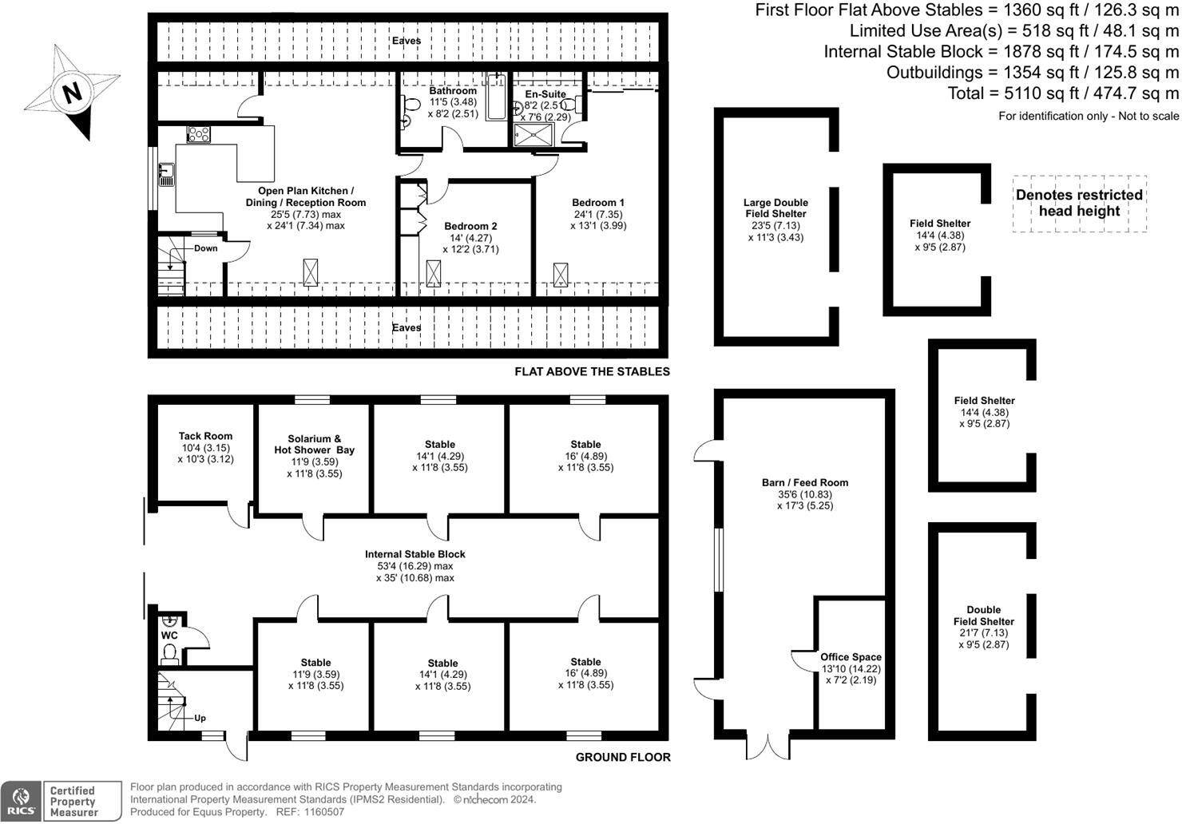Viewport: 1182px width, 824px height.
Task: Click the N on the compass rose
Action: coord(73,93)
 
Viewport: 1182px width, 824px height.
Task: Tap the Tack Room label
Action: coord(205,436)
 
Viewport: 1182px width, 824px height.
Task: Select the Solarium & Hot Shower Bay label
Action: coord(314,444)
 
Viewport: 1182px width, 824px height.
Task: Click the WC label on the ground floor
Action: coord(169,636)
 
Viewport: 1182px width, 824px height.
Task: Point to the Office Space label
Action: coord(851,657)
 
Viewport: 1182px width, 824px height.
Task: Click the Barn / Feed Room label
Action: coord(805,482)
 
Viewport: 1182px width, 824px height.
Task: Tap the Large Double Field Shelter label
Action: coord(775,208)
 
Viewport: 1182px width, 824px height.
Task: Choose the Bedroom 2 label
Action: coord(470,227)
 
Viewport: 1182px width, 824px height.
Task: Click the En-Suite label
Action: coord(545,94)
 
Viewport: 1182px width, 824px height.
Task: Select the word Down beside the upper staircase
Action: coord(205,248)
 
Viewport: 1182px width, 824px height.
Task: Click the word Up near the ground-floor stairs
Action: coord(200,718)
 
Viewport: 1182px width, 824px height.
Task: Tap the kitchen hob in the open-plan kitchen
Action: coord(199,134)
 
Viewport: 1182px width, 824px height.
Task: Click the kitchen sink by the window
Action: coord(166,174)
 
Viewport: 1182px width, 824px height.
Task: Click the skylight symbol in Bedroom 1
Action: coord(561,274)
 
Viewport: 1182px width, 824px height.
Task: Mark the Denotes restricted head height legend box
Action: coord(1079,204)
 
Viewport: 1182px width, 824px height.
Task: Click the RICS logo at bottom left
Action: coord(21,801)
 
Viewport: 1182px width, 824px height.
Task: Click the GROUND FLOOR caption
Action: coord(623,757)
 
